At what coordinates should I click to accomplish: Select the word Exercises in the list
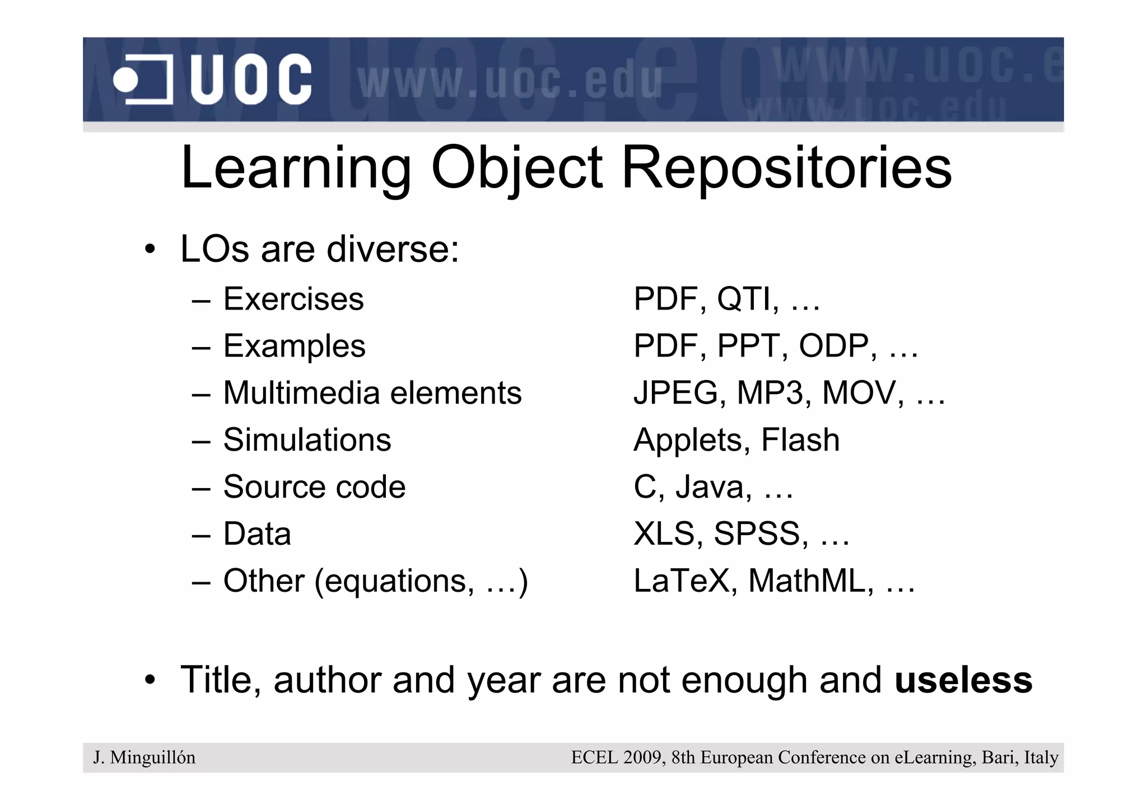[293, 299]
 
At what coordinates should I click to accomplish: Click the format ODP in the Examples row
[837, 346]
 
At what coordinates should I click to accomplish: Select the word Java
[713, 487]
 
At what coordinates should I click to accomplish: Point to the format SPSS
[760, 534]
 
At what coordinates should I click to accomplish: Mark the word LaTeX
[682, 581]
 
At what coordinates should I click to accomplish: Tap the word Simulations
[307, 440]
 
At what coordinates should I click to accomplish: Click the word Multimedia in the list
[302, 393]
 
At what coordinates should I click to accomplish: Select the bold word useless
[963, 680]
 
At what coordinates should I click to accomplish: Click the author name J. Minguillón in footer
[144, 758]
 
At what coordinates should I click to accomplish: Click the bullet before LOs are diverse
[149, 250]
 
